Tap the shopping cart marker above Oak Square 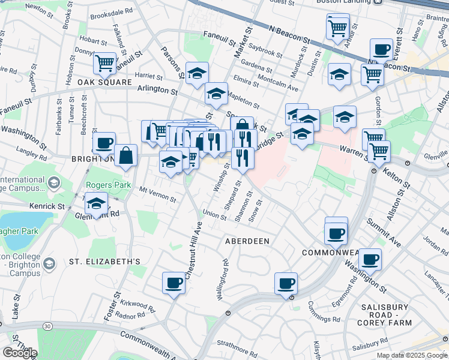[x=105, y=63]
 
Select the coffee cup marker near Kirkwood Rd [x=174, y=283]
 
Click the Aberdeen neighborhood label [x=247, y=241]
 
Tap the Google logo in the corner [x=20, y=353]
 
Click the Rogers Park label [x=108, y=185]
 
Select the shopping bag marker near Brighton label [x=127, y=155]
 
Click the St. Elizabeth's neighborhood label [x=104, y=262]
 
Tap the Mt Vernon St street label [x=157, y=195]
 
